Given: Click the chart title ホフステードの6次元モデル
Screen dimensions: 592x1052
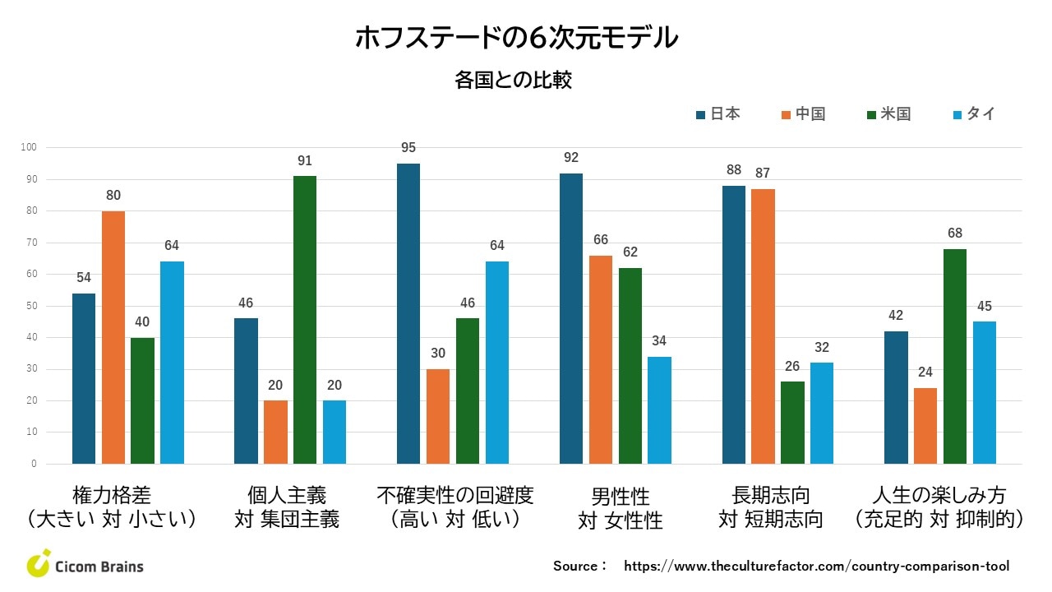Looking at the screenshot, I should click(516, 38).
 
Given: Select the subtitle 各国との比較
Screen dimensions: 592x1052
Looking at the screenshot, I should click(513, 81).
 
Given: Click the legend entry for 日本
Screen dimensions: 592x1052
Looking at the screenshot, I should click(717, 114).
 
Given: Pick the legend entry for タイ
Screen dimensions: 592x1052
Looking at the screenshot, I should click(973, 114).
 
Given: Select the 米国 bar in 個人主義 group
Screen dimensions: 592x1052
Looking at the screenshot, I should click(305, 320).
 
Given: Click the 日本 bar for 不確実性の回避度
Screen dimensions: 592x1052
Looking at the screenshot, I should click(408, 313).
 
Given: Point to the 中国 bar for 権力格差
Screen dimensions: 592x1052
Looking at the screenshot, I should click(113, 337).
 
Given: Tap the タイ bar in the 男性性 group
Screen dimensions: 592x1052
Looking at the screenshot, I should click(659, 410).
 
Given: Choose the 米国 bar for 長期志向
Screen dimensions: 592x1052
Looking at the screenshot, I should click(792, 423).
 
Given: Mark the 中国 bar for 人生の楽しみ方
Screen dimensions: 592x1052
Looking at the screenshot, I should click(925, 426).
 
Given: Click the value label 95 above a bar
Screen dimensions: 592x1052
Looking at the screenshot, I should click(408, 148).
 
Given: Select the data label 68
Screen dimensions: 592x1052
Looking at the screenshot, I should click(955, 234).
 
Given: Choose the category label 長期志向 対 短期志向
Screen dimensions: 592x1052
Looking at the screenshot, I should click(771, 506).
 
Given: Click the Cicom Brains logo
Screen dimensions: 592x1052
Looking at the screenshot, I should click(85, 565).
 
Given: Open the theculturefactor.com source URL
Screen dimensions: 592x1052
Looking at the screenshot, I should click(816, 566).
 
